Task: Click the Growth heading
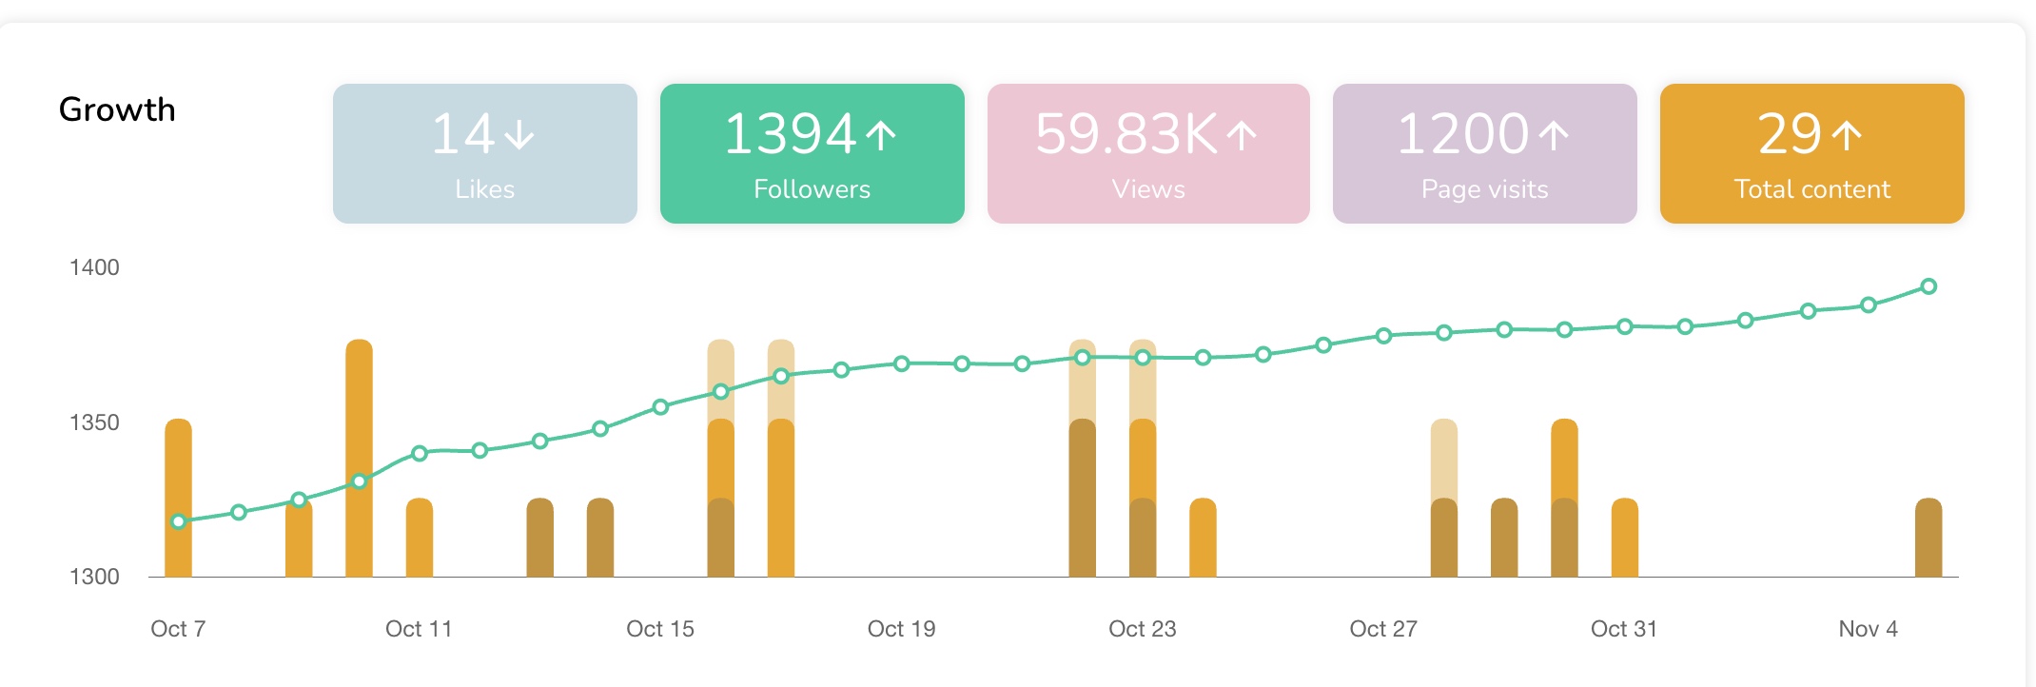(x=117, y=109)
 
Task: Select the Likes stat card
(x=484, y=153)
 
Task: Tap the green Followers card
(x=812, y=153)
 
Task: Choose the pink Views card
(x=1147, y=153)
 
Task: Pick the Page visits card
(x=1484, y=153)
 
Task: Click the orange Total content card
(x=1811, y=153)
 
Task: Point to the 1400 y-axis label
(x=94, y=267)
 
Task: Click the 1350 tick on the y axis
(x=94, y=422)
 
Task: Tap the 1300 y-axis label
(x=94, y=577)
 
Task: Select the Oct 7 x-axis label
(x=178, y=629)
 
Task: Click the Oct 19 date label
(x=901, y=629)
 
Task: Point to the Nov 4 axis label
(x=1868, y=629)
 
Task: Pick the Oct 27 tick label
(x=1383, y=629)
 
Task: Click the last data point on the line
(x=1928, y=286)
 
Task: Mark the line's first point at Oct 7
(x=178, y=521)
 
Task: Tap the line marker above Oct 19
(x=902, y=363)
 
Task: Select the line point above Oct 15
(x=660, y=407)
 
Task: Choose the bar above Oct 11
(x=420, y=539)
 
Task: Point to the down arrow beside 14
(x=519, y=134)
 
